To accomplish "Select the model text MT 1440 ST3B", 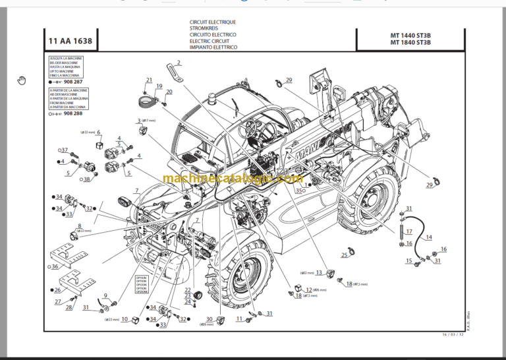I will (x=409, y=35).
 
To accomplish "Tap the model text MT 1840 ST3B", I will (x=409, y=43).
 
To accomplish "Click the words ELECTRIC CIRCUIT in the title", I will (x=208, y=41).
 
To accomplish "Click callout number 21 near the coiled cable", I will (x=149, y=80).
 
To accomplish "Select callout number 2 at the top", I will (x=178, y=63).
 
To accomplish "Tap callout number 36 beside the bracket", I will (x=55, y=266).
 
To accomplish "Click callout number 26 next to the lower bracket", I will (x=57, y=289).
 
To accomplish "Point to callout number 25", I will (x=343, y=255).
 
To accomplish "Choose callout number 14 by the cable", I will (x=429, y=237).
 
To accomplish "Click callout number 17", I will (x=409, y=231).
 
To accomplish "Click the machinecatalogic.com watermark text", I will (x=232, y=178).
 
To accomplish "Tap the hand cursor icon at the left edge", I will (x=21, y=80).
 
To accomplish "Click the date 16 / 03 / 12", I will (x=457, y=335).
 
